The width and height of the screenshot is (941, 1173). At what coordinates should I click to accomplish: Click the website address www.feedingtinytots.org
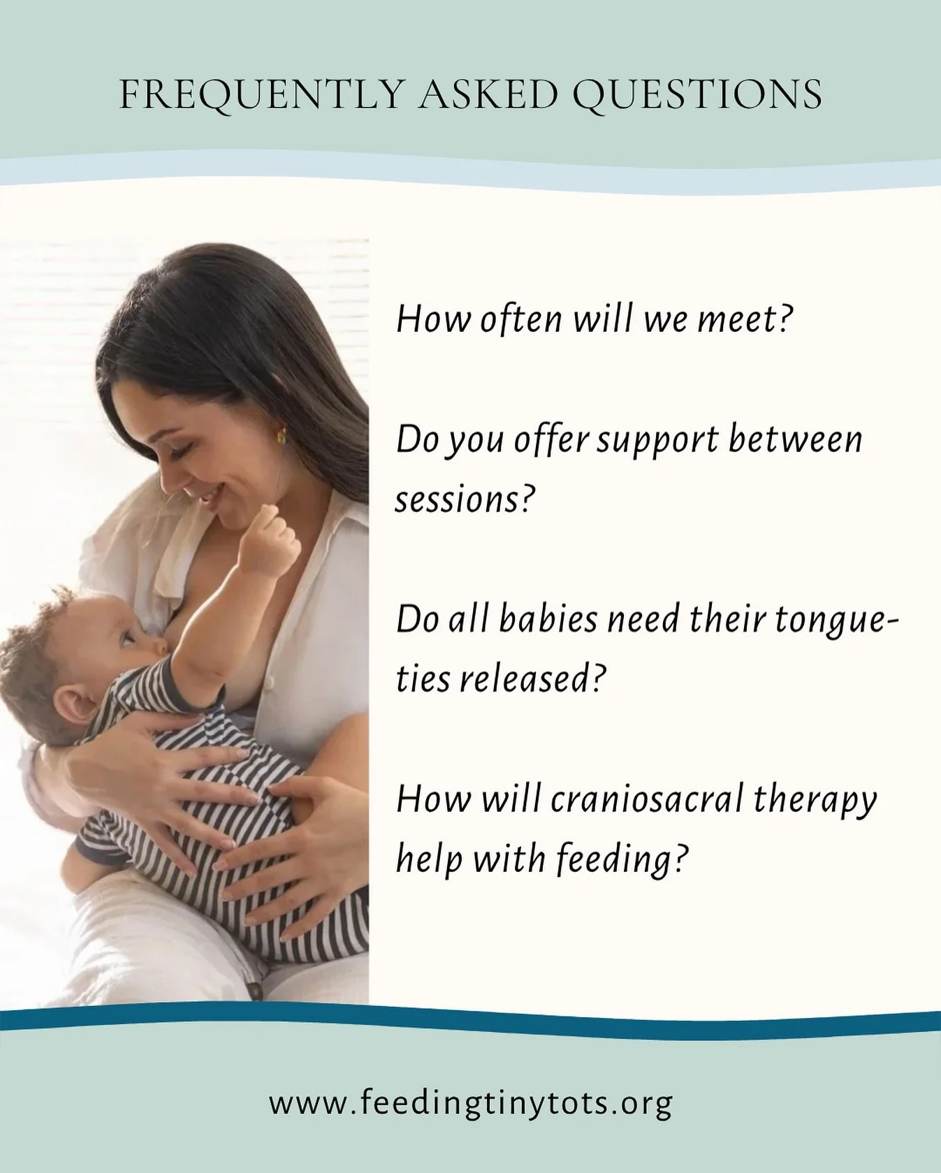tap(470, 1104)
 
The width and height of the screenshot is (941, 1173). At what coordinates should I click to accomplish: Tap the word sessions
tap(465, 499)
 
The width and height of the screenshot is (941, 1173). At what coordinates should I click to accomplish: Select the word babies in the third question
tap(548, 620)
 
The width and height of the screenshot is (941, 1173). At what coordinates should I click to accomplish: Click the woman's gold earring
tap(282, 435)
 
